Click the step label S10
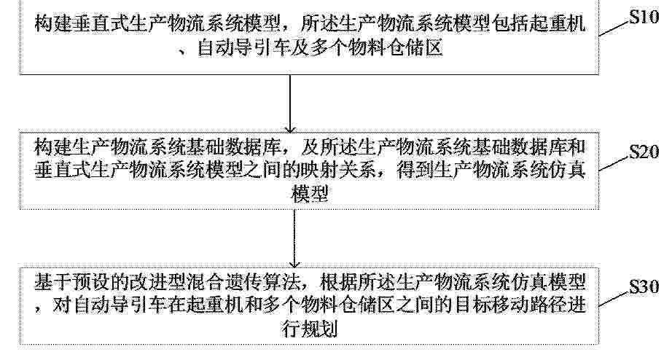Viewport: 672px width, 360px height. click(x=644, y=17)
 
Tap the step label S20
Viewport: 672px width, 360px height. click(x=644, y=152)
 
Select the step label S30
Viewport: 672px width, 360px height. click(x=644, y=286)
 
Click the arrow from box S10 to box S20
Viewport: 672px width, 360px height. click(x=291, y=103)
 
